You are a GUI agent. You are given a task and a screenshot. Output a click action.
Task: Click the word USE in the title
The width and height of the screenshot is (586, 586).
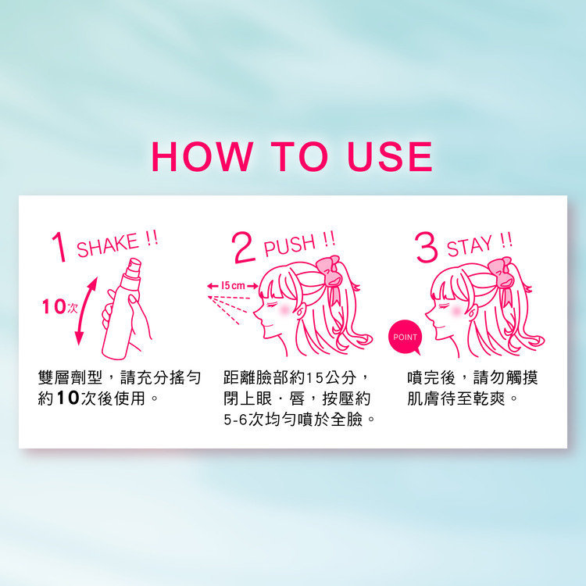click(390, 157)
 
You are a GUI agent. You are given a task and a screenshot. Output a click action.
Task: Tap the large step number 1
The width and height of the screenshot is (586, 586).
click(59, 247)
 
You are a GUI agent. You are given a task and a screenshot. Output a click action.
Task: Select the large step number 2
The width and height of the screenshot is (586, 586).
click(244, 248)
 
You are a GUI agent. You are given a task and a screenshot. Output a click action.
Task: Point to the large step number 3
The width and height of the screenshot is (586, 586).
click(426, 247)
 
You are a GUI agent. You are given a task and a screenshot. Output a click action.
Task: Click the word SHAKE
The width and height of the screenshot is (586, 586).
click(107, 246)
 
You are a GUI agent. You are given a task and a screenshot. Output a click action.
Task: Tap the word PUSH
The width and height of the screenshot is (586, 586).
click(290, 245)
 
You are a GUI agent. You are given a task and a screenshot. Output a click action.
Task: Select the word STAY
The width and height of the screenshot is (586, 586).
click(469, 246)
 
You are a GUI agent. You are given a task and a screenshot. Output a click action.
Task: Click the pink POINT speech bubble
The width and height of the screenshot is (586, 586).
click(405, 337)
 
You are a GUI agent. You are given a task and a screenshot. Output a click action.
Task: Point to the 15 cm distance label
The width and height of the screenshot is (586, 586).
click(233, 286)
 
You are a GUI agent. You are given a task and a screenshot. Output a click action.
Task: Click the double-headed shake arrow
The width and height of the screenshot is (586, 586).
click(86, 311)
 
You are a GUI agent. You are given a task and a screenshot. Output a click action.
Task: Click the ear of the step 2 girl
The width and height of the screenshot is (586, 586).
click(299, 311)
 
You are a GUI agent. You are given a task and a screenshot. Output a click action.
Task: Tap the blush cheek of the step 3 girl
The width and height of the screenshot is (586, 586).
click(457, 310)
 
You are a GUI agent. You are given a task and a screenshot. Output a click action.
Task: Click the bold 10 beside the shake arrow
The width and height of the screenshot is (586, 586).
click(54, 306)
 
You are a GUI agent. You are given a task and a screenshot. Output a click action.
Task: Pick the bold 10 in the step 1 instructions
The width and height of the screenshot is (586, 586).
click(68, 398)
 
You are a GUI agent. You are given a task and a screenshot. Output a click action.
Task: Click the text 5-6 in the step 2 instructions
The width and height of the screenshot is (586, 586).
click(235, 420)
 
